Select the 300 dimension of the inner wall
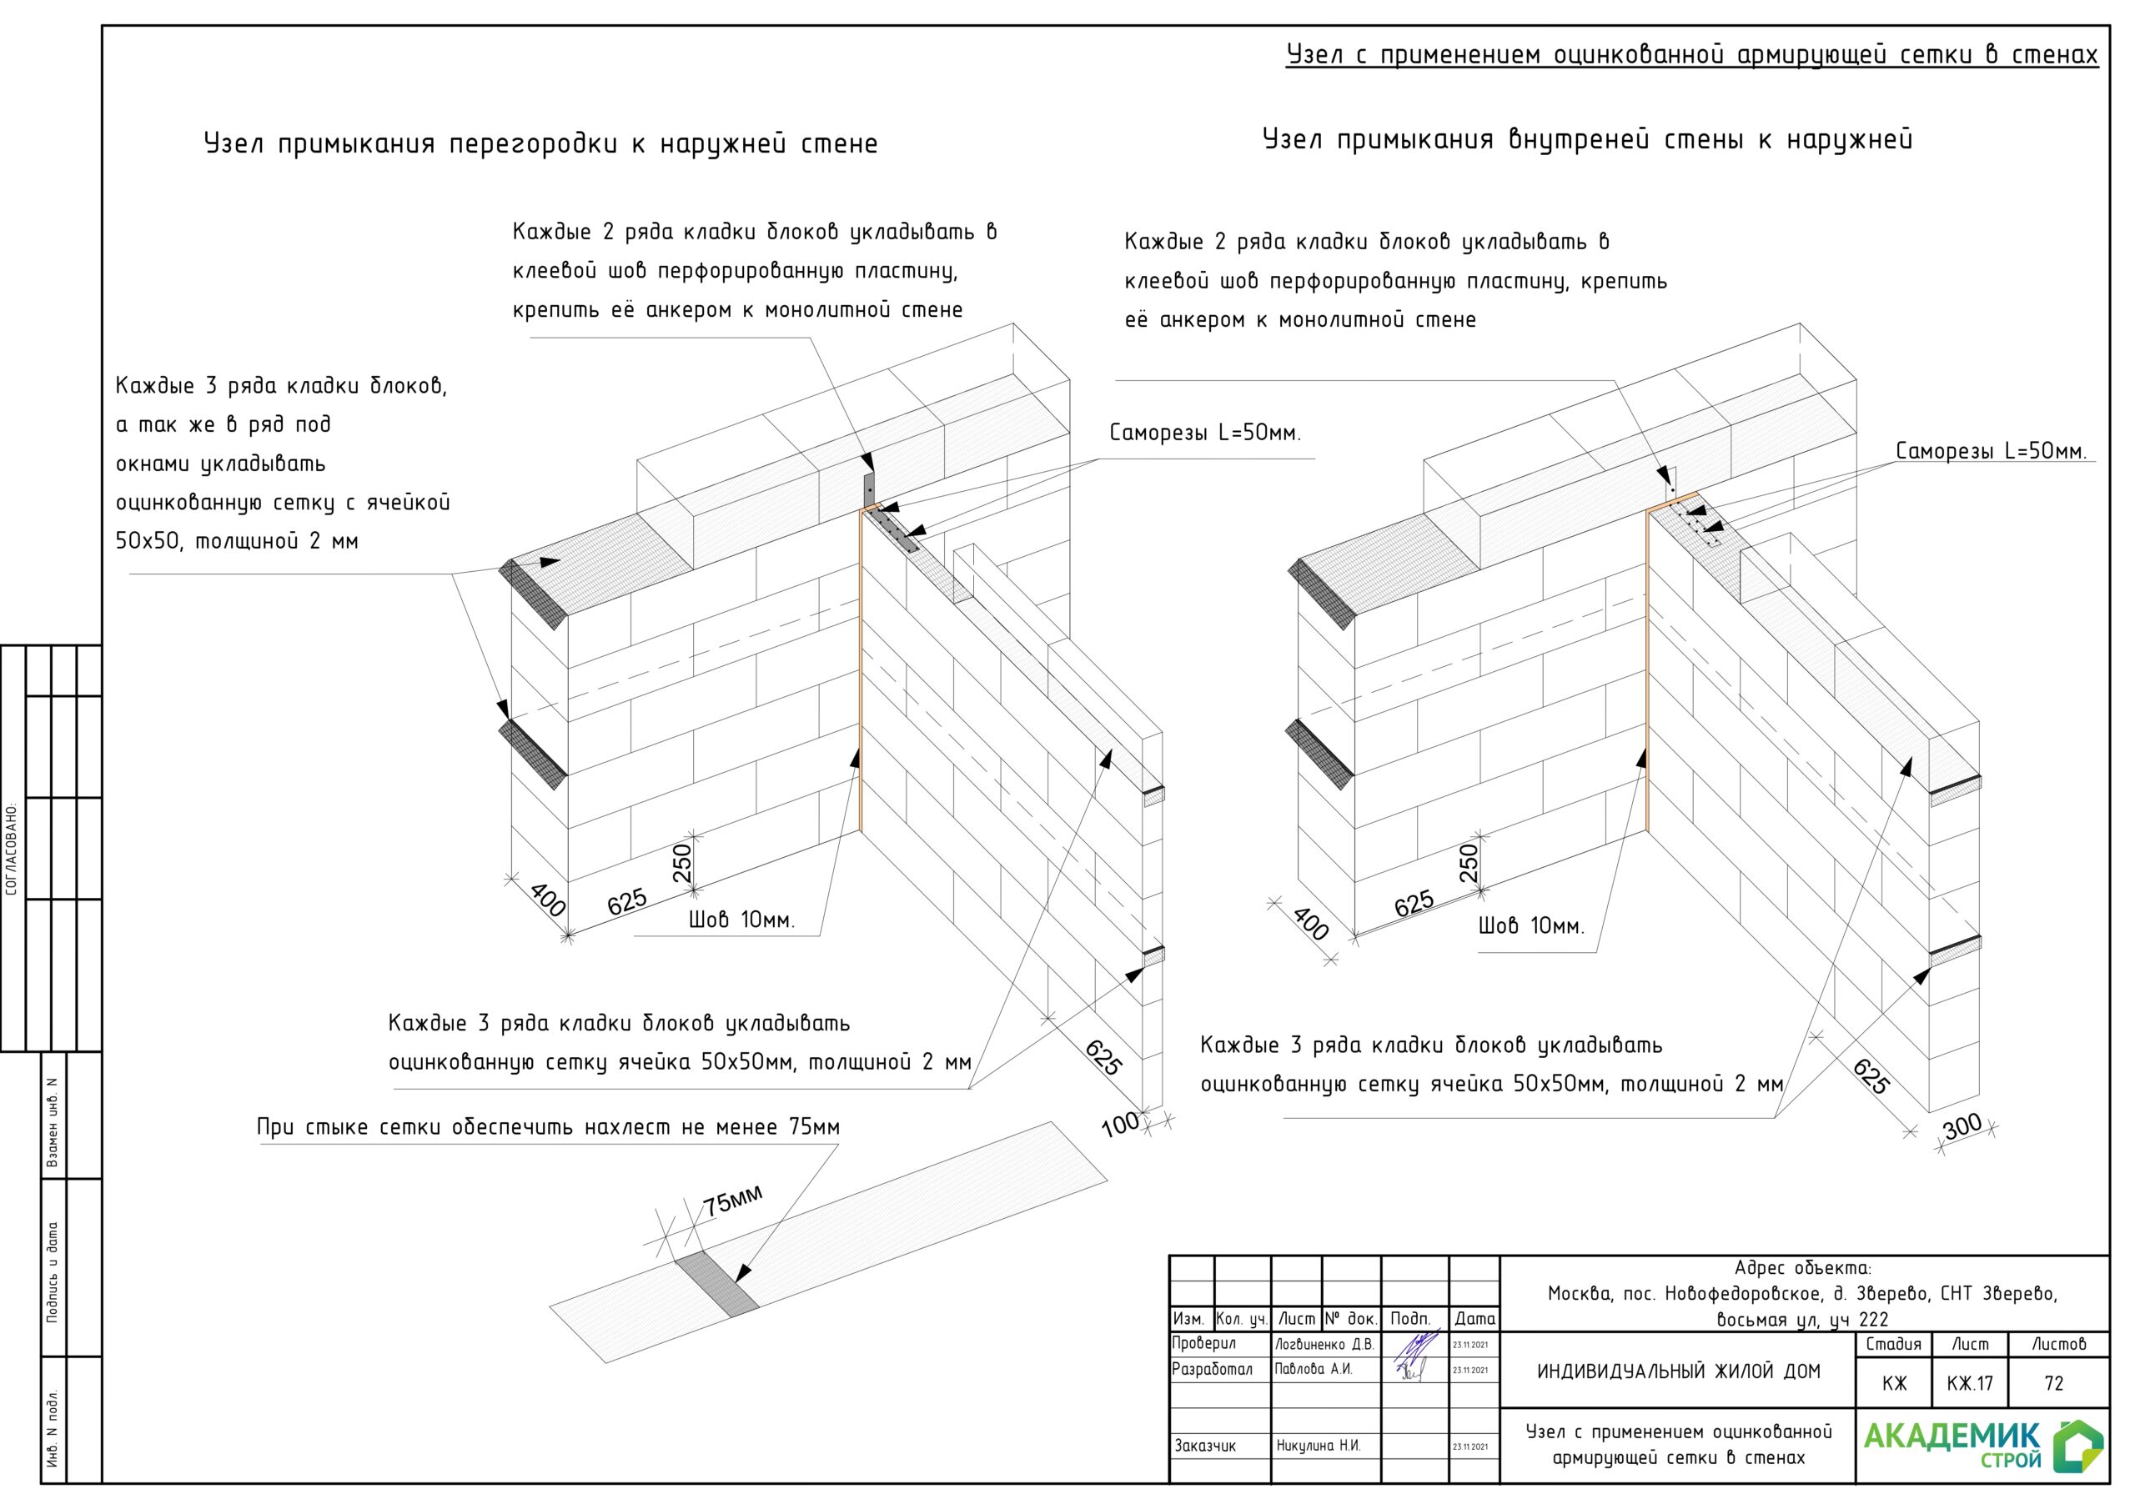pyautogui.click(x=1962, y=1127)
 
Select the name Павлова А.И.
pyautogui.click(x=1313, y=1370)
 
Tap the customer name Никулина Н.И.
pyautogui.click(x=1318, y=1446)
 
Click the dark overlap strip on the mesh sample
pyautogui.click(x=716, y=1284)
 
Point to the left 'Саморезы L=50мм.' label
pyautogui.click(x=1205, y=434)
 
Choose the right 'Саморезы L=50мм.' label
pyautogui.click(x=1991, y=452)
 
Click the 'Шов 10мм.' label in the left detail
pyautogui.click(x=741, y=920)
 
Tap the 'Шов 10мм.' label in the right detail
pyautogui.click(x=1530, y=926)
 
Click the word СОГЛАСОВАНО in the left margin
pyautogui.click(x=12, y=849)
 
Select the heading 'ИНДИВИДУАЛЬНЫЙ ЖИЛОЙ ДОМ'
pyautogui.click(x=1677, y=1371)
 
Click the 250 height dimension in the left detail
pyautogui.click(x=682, y=863)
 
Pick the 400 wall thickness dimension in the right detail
pyautogui.click(x=1310, y=923)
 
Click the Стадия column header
pyautogui.click(x=1893, y=1345)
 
